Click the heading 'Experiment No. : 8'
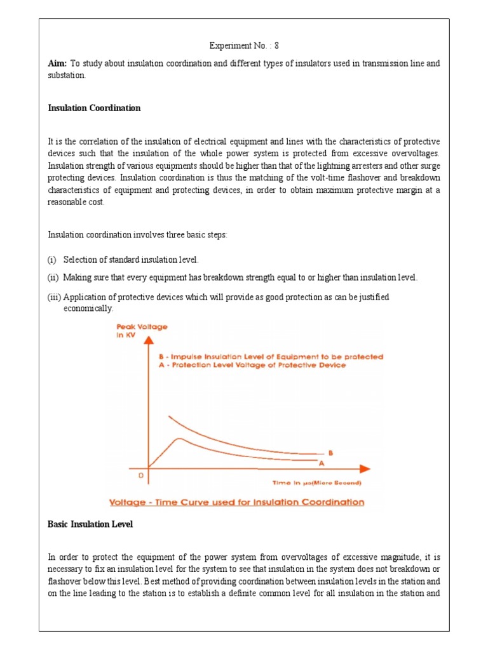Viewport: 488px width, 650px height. pos(244,46)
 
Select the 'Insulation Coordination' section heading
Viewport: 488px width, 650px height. pos(94,108)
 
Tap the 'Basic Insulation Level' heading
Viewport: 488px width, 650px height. pos(90,524)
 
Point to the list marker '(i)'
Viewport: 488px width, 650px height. pos(52,260)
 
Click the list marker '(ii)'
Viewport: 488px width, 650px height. pos(53,278)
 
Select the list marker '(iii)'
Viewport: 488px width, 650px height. pos(55,297)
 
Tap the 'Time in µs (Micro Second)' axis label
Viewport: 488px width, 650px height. pos(316,483)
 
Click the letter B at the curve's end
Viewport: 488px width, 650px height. pos(330,453)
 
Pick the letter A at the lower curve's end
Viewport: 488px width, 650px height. pos(330,463)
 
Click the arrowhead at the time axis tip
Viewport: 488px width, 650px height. pos(364,469)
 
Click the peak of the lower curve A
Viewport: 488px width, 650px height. pos(180,439)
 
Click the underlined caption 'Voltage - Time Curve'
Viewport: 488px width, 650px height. pos(237,502)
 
